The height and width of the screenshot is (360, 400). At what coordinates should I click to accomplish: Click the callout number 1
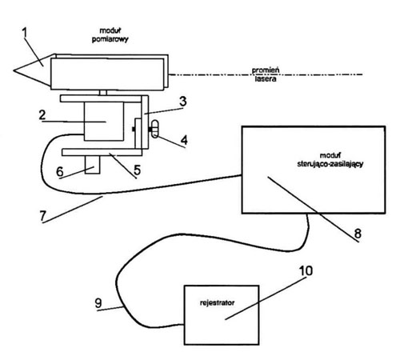(25, 33)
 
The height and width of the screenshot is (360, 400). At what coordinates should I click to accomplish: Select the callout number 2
(42, 115)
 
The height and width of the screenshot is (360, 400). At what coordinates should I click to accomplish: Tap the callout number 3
(183, 102)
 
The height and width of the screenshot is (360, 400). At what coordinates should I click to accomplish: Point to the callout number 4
(184, 140)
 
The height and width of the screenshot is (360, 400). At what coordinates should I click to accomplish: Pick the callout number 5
(137, 170)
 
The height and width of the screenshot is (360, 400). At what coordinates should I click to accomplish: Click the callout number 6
(60, 171)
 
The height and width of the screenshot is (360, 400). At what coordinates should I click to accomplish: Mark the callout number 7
(43, 216)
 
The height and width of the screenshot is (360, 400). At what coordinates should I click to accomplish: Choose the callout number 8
(358, 234)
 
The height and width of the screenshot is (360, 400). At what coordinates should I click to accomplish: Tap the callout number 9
(98, 303)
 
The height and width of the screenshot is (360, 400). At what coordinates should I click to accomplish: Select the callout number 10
(306, 270)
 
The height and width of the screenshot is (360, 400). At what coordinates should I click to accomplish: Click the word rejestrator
(217, 303)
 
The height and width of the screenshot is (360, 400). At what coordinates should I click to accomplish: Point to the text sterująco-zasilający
(330, 164)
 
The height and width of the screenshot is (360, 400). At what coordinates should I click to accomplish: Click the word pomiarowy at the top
(110, 39)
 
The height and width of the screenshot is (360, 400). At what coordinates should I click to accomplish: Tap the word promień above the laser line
(266, 70)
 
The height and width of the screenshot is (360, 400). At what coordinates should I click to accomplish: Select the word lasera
(266, 79)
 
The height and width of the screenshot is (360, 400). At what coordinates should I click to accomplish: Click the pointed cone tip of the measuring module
(14, 70)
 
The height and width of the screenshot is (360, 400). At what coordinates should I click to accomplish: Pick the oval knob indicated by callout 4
(155, 129)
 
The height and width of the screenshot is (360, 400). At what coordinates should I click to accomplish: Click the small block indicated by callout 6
(92, 165)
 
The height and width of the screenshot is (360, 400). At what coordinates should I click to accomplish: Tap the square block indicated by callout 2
(104, 122)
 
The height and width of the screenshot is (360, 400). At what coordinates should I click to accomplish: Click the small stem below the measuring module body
(103, 93)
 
